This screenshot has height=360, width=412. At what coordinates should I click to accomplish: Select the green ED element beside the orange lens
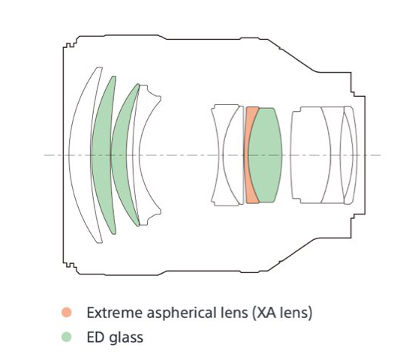click(x=266, y=155)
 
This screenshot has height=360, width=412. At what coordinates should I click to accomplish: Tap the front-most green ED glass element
click(x=104, y=155)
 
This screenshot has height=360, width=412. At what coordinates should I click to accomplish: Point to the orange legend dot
click(x=67, y=312)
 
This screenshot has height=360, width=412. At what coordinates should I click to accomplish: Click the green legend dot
click(x=67, y=337)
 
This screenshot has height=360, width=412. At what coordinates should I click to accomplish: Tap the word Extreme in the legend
click(x=115, y=313)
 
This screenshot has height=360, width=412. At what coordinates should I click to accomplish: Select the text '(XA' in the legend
click(x=265, y=313)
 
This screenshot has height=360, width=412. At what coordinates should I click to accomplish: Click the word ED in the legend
click(x=96, y=337)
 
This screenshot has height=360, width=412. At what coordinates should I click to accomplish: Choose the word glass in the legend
click(x=126, y=338)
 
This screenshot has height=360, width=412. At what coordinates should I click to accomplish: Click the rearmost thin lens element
click(x=350, y=155)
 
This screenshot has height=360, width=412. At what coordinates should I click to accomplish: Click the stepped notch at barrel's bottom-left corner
click(x=71, y=266)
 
